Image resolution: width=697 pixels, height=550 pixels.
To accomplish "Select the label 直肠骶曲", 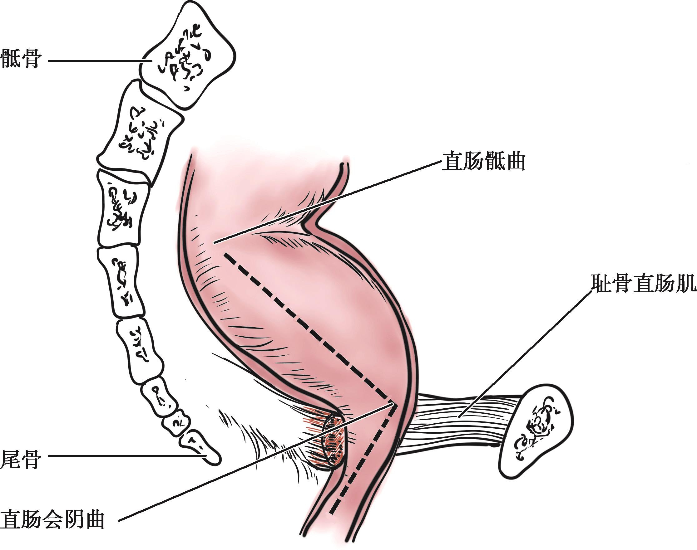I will click(483, 162).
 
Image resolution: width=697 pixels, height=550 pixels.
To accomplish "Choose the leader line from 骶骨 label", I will click(97, 60).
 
